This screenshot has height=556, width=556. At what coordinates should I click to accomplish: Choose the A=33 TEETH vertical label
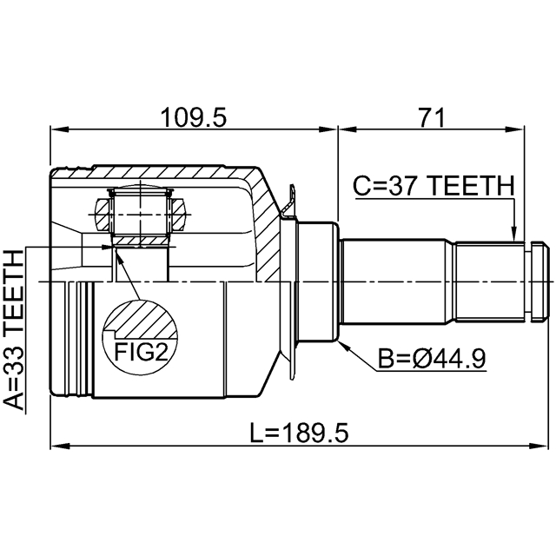(15, 329)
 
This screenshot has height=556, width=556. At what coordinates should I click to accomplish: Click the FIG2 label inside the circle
(139, 351)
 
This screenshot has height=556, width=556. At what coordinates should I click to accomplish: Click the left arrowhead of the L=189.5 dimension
(57, 447)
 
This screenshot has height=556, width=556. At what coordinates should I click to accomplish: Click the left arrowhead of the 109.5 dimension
(57, 131)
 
